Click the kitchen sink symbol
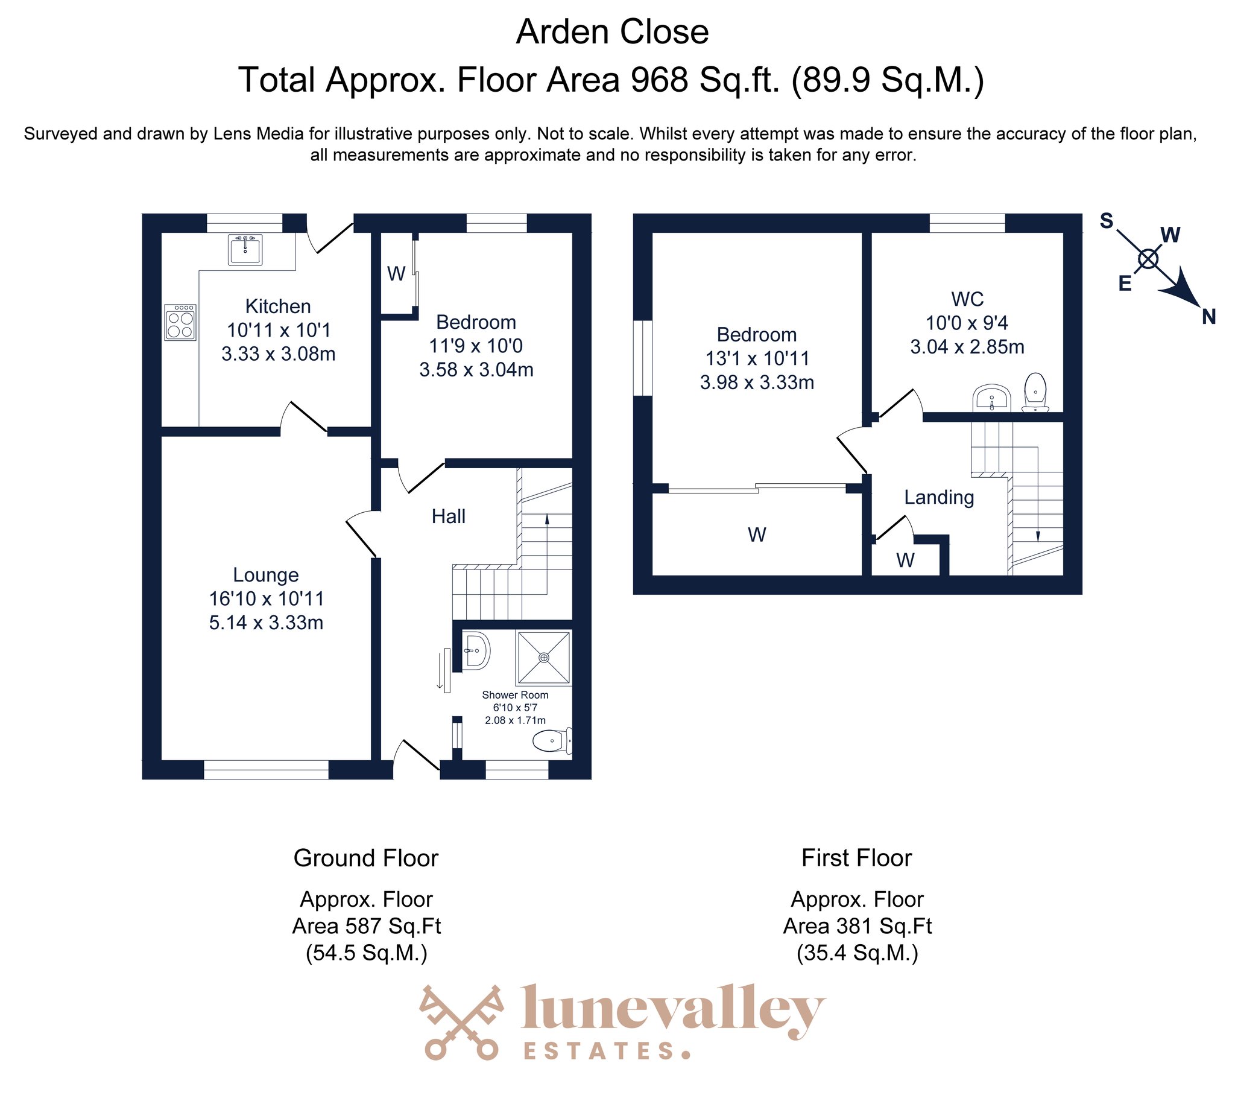click(x=245, y=250)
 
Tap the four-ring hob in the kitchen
click(x=180, y=322)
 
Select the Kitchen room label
click(x=278, y=306)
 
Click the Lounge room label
click(x=266, y=574)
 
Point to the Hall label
click(x=448, y=516)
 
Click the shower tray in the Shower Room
click(x=544, y=658)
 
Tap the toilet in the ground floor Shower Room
click(x=552, y=741)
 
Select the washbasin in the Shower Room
click(x=476, y=651)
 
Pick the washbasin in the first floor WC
click(x=991, y=399)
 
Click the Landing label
click(x=939, y=497)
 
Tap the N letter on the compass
click(x=1208, y=317)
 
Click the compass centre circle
click(x=1148, y=259)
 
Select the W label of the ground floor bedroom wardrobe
click(x=396, y=274)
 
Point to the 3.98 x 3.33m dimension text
click(x=757, y=382)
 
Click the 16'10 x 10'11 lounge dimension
click(x=267, y=598)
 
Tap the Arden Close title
click(x=612, y=32)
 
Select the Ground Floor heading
click(x=366, y=858)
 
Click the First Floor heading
click(x=857, y=858)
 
